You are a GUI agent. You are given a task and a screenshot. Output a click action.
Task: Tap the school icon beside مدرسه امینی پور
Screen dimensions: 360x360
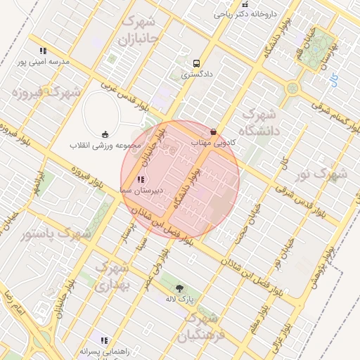(x=44, y=51)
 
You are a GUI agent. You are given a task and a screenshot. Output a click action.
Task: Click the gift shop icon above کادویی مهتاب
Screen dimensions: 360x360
(x=214, y=132)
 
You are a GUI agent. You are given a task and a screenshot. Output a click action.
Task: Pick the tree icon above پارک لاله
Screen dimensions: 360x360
(x=179, y=288)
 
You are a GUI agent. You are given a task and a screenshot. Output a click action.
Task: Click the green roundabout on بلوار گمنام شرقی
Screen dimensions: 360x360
(x=292, y=89)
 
